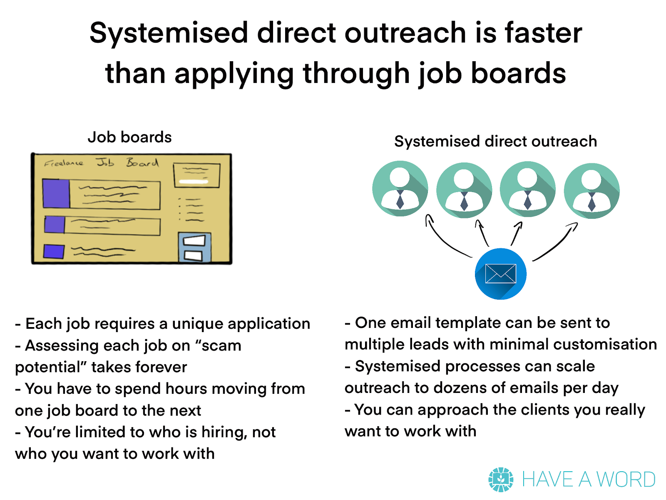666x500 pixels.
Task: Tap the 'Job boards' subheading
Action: pyautogui.click(x=129, y=137)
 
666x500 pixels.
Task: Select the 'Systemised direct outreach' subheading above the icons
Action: pyautogui.click(x=495, y=142)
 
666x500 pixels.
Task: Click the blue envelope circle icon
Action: pyautogui.click(x=501, y=274)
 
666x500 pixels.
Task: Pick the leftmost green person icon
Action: pyautogui.click(x=400, y=188)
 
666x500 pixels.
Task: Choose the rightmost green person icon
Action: pyautogui.click(x=591, y=191)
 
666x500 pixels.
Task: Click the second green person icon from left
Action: pyautogui.click(x=464, y=190)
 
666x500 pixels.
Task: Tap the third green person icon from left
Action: pyautogui.click(x=528, y=189)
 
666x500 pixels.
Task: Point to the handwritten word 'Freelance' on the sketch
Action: pyautogui.click(x=64, y=163)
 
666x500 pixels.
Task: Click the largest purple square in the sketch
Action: pyautogui.click(x=56, y=194)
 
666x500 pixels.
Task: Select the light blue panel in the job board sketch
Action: pyautogui.click(x=194, y=247)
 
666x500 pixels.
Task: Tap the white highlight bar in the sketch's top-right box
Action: pyautogui.click(x=194, y=182)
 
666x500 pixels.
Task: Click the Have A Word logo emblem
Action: pyautogui.click(x=501, y=480)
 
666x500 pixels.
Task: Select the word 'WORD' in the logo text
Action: pyautogui.click(x=626, y=480)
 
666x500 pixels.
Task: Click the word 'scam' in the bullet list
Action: pyautogui.click(x=221, y=345)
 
